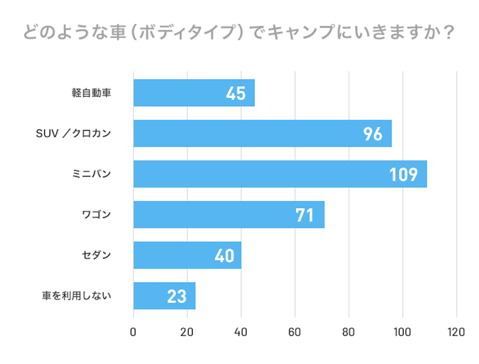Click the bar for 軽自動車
point(194,93)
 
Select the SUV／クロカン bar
point(262,133)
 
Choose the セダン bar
point(187,255)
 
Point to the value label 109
point(403,175)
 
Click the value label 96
point(373,134)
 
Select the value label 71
point(304,215)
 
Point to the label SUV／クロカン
point(74,133)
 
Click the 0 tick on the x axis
point(133,333)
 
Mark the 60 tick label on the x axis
point(295,333)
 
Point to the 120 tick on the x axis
point(456,333)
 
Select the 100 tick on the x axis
point(402,333)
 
